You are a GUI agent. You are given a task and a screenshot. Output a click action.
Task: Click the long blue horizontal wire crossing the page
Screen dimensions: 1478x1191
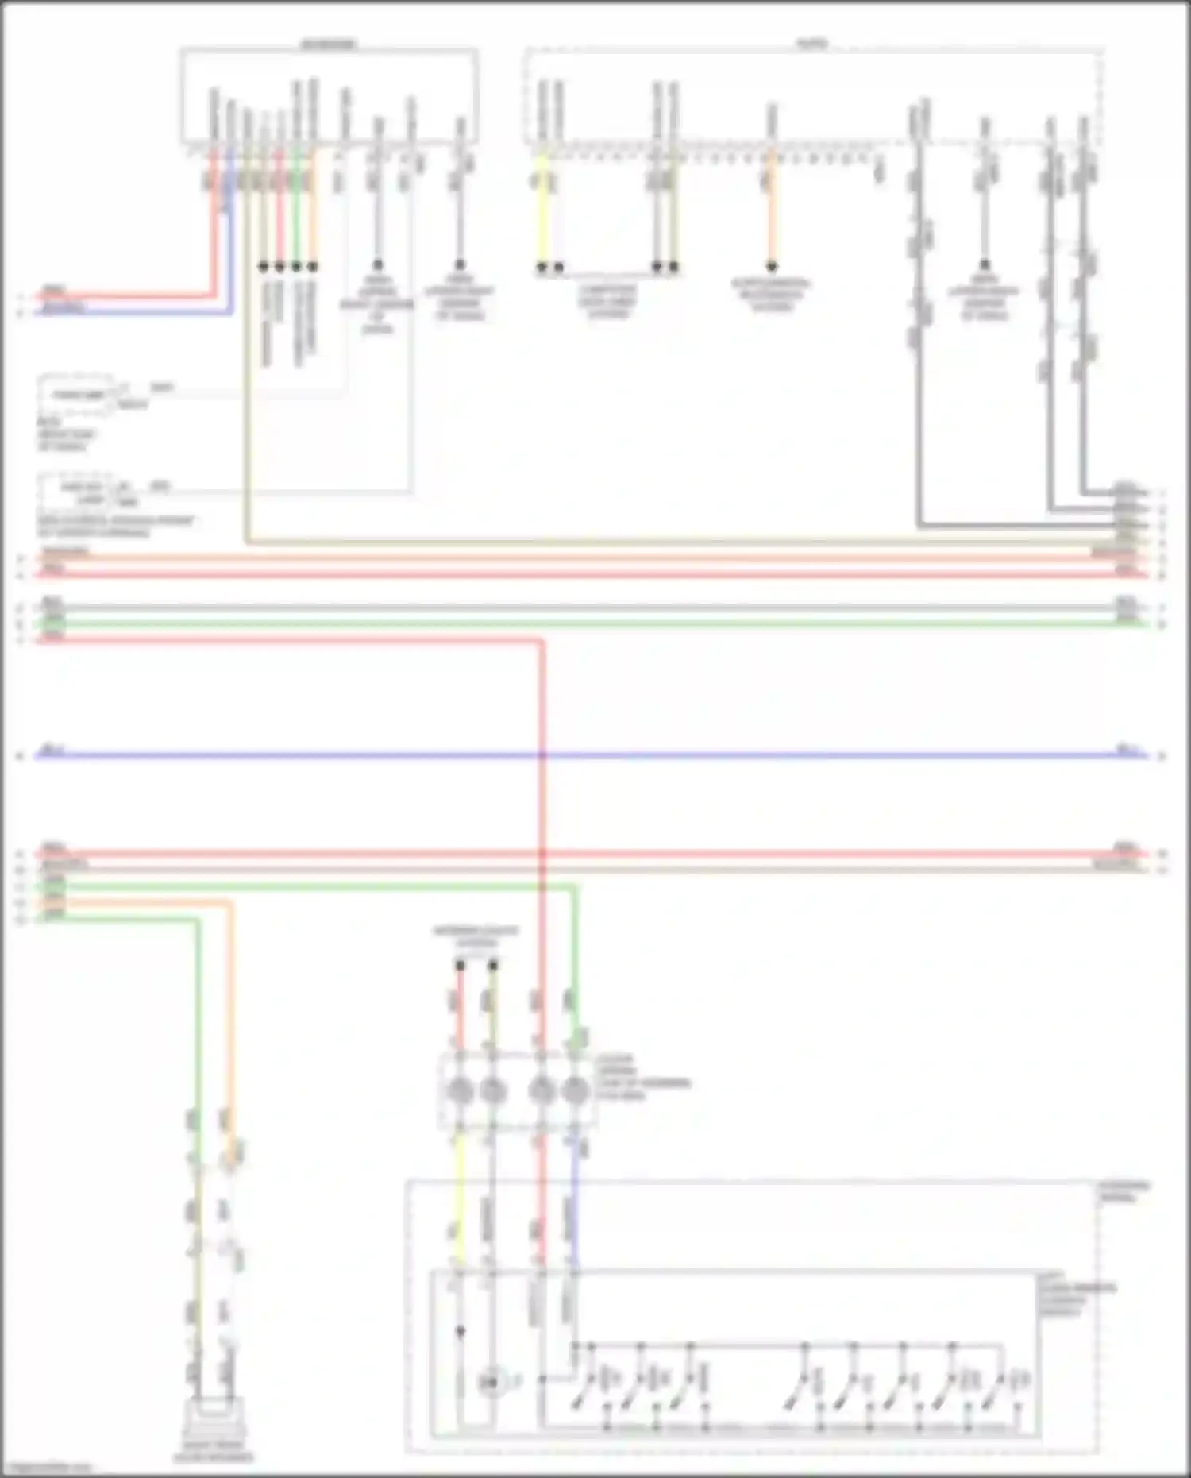click(595, 755)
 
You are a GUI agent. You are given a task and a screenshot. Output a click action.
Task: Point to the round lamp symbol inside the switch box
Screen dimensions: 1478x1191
click(491, 1383)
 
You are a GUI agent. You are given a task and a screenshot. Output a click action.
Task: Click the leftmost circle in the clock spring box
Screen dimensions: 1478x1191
click(460, 1091)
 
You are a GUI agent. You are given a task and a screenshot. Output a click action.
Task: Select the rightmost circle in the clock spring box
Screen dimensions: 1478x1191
click(575, 1091)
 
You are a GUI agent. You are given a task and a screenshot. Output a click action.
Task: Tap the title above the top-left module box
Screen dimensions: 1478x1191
click(328, 44)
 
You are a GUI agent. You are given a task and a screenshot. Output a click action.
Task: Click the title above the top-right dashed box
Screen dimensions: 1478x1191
click(812, 44)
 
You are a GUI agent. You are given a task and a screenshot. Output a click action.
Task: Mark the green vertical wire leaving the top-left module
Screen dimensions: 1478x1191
click(296, 214)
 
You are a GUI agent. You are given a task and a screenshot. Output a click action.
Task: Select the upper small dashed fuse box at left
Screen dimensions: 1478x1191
click(75, 395)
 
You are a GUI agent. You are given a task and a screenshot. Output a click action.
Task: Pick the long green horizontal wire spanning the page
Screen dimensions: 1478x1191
click(595, 623)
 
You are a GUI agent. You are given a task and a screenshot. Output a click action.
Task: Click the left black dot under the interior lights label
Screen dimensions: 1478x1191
click(460, 965)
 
